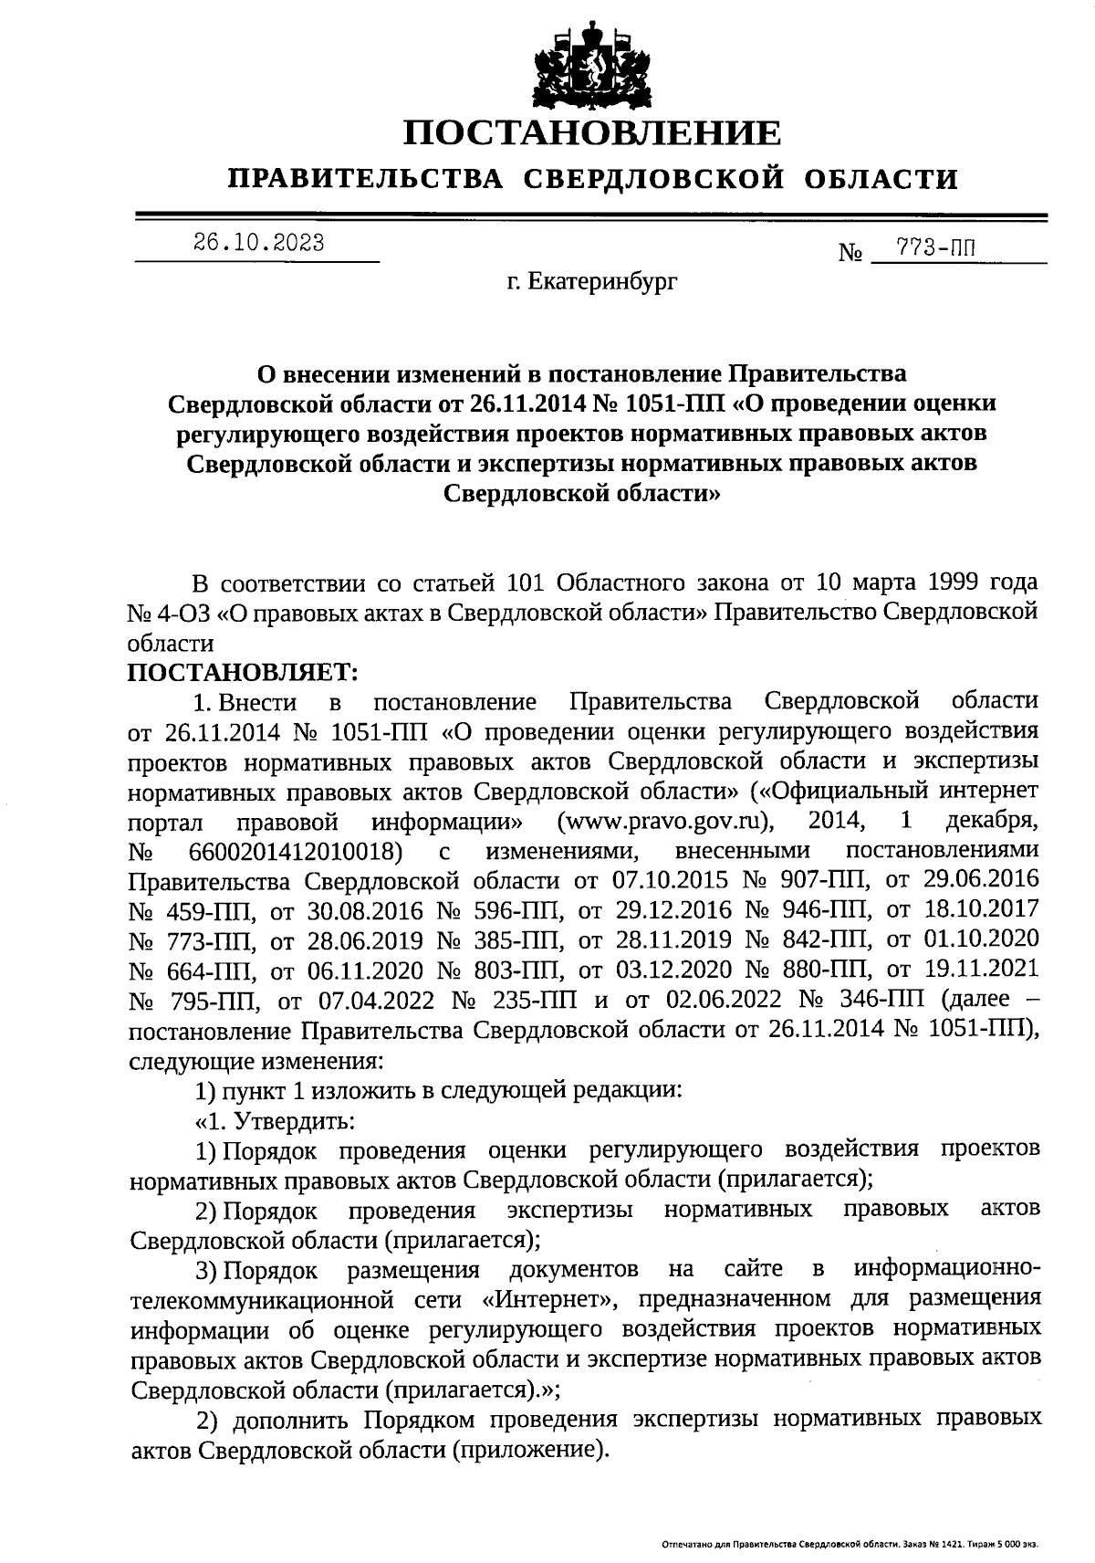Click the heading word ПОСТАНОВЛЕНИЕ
tap(593, 133)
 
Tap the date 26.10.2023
tap(258, 243)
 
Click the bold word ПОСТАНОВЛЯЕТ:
tap(244, 672)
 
